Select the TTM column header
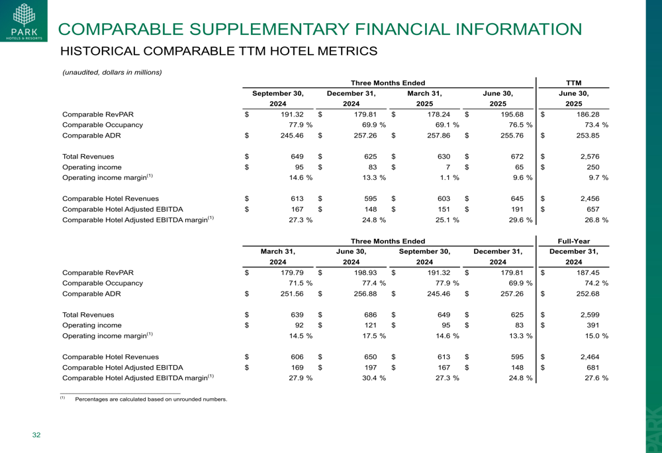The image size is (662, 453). coord(574,83)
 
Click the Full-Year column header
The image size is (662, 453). coord(574,241)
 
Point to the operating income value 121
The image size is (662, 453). coord(370,325)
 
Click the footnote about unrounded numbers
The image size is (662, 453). coord(151,399)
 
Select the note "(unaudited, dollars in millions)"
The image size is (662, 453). coord(112,72)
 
